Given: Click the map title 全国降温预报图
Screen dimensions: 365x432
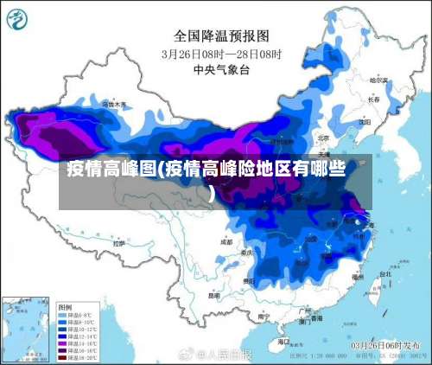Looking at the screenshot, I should [x=222, y=35].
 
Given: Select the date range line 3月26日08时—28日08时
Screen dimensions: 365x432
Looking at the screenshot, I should [x=222, y=53].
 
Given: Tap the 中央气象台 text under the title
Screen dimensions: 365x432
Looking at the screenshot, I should [x=222, y=69].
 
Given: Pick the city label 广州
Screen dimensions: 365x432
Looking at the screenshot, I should [x=303, y=309].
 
